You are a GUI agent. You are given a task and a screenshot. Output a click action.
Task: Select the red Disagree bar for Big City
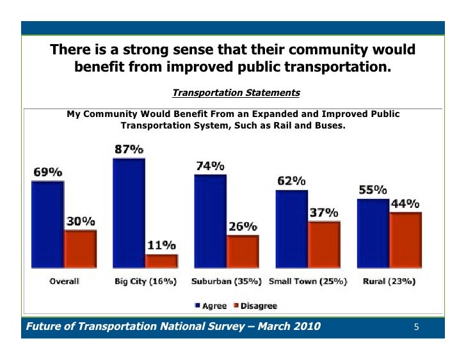161,261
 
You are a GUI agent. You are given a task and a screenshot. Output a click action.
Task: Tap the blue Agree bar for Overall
47,224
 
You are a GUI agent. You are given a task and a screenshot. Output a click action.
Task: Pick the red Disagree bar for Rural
406,240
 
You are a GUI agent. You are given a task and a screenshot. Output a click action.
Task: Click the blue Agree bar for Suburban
210,221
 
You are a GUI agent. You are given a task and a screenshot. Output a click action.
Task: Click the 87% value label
129,150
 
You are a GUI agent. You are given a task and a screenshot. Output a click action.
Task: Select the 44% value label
405,204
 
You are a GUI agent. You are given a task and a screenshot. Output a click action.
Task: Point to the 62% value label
291,181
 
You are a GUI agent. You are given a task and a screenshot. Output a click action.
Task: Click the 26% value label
243,226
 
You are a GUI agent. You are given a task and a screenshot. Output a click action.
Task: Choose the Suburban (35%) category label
227,281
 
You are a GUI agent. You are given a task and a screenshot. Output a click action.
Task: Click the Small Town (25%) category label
308,281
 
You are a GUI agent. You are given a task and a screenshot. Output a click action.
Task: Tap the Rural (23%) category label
389,281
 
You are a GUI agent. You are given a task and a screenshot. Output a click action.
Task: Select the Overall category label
64,281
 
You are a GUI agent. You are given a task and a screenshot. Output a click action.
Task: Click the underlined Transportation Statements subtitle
236,93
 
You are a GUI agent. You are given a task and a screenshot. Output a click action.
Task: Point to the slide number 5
416,328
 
